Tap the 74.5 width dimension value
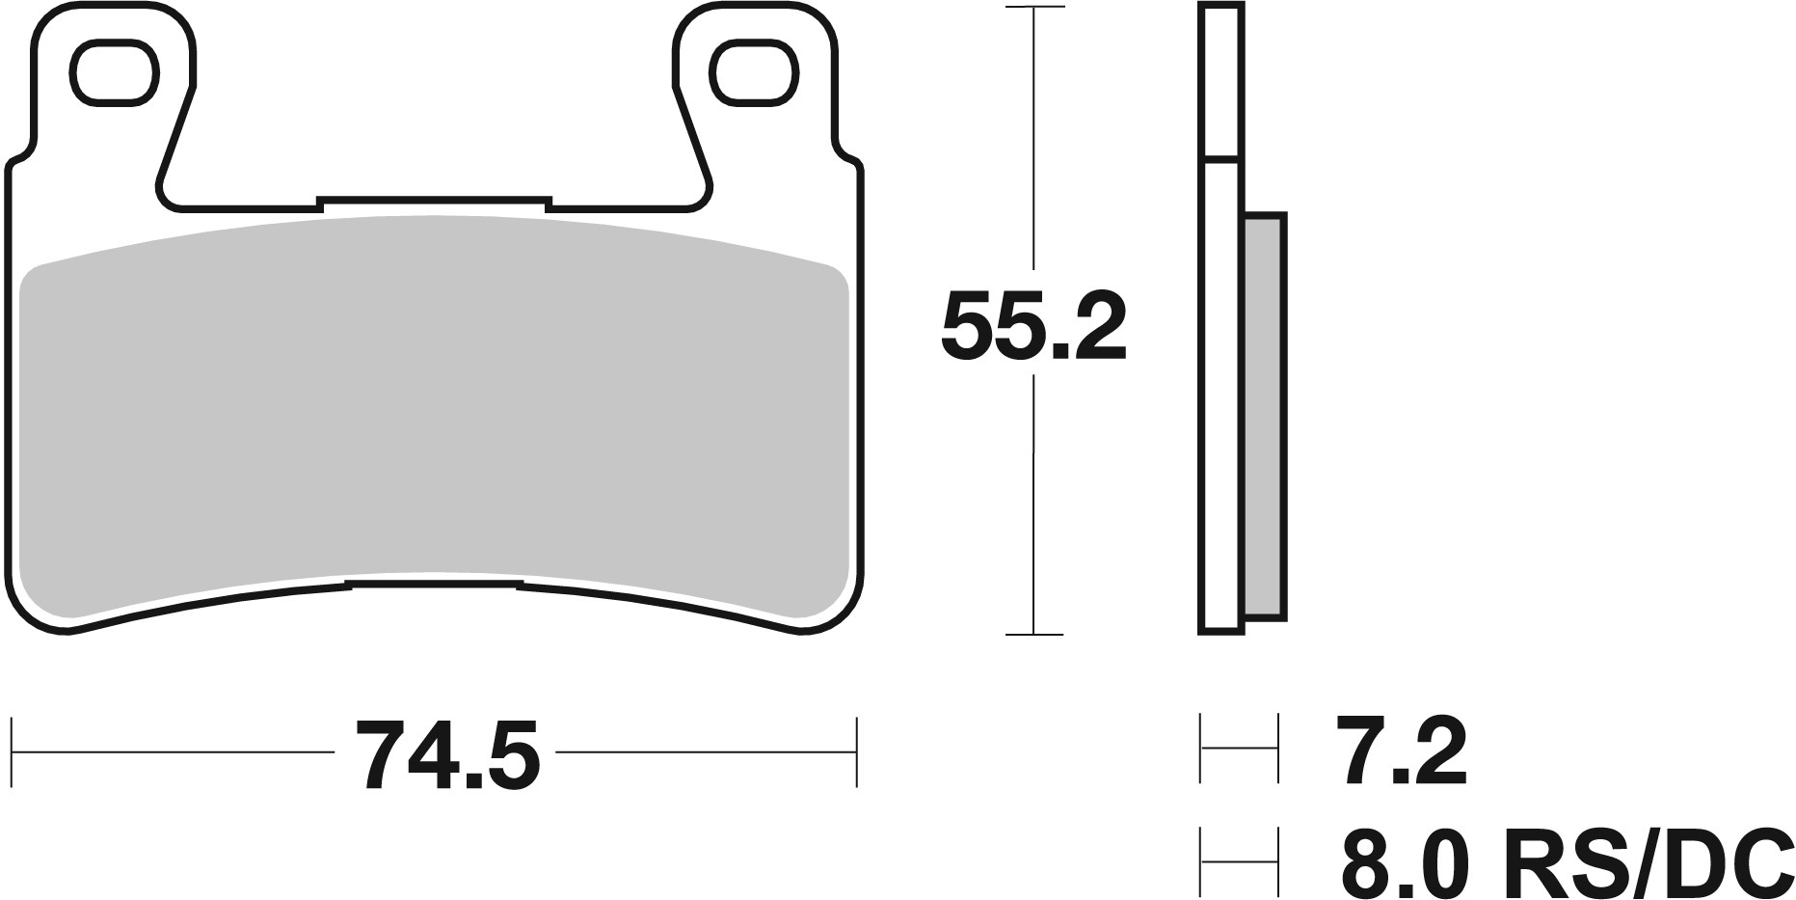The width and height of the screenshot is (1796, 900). coord(446,753)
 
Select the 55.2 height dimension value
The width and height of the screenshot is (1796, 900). coord(1033,324)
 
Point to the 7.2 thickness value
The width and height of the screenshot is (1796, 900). coord(1400,753)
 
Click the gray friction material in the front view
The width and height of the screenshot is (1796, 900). coord(434,415)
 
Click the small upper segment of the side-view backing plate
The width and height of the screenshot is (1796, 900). coord(1220,79)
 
